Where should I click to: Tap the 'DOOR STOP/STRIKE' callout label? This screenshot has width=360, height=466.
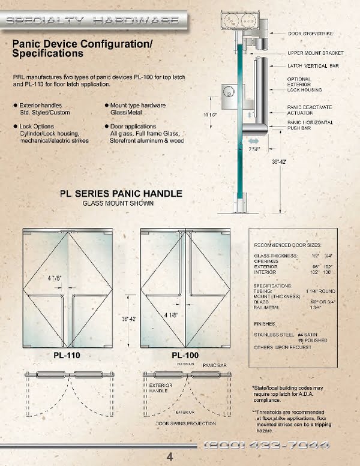[310, 34]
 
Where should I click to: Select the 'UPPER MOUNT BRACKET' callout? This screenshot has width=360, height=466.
[316, 53]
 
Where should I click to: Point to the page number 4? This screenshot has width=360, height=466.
[170, 457]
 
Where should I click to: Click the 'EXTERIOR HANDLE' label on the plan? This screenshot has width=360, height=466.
[161, 387]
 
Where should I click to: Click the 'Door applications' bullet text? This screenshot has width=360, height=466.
[133, 127]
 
